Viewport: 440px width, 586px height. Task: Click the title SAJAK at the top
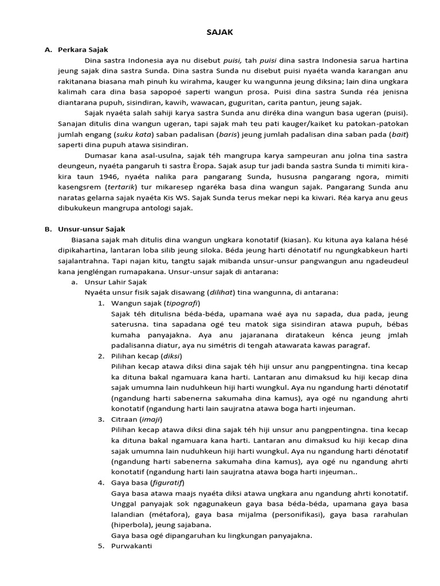pyautogui.click(x=220, y=33)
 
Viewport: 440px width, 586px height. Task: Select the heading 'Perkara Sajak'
pyautogui.click(x=82, y=50)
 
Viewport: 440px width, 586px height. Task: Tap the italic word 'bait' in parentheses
pyautogui.click(x=398, y=135)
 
